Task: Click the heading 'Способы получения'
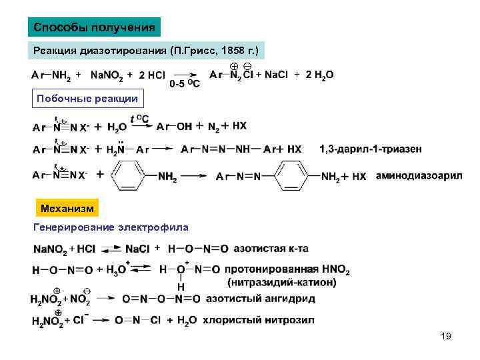(x=94, y=27)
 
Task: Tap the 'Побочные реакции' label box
(x=87, y=99)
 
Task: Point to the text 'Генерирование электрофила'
(x=111, y=227)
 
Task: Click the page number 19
(x=446, y=337)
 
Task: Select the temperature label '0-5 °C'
(x=184, y=85)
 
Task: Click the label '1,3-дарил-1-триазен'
(x=371, y=149)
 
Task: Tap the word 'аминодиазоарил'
(x=419, y=176)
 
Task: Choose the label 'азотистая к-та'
(x=271, y=249)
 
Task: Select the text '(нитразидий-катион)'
(x=282, y=282)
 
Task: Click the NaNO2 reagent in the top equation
(x=107, y=76)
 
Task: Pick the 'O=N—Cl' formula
(x=138, y=321)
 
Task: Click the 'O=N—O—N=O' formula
(x=160, y=299)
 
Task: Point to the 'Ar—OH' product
(x=175, y=125)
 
